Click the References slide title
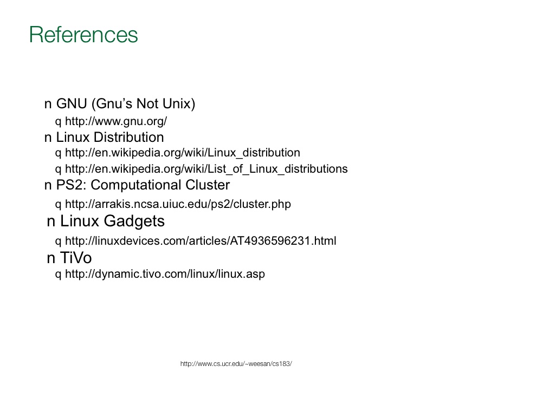(83, 35)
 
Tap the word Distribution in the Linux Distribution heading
(129, 137)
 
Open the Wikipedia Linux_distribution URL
(182, 153)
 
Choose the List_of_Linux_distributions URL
(206, 169)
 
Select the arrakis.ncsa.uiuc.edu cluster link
(178, 205)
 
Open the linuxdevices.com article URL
(201, 241)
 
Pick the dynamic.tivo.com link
(165, 275)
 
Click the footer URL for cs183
(236, 364)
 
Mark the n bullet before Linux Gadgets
(51, 222)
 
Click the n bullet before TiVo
(51, 259)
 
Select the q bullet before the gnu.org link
(59, 121)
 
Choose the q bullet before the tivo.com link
(59, 275)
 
